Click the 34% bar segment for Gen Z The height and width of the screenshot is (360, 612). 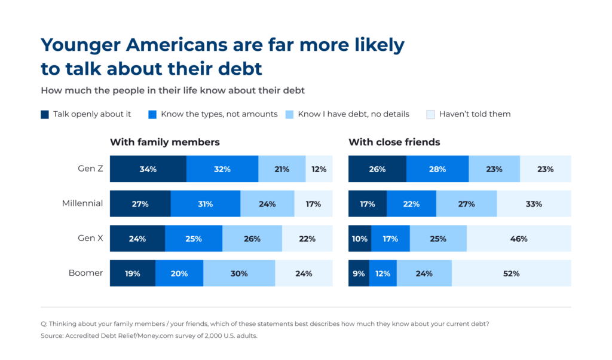click(148, 169)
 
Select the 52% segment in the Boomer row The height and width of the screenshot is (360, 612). click(512, 273)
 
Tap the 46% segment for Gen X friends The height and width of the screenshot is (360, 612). click(519, 239)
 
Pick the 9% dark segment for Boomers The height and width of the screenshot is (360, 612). click(359, 273)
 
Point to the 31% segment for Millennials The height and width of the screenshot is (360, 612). click(206, 204)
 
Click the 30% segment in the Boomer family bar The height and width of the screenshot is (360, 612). click(239, 273)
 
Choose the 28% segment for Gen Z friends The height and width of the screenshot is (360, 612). click(437, 169)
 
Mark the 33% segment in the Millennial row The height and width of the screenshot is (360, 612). click(534, 204)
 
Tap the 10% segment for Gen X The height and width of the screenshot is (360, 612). click(360, 239)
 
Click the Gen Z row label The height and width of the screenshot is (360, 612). click(90, 169)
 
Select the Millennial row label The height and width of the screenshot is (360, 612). click(82, 203)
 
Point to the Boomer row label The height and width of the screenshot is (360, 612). click(85, 273)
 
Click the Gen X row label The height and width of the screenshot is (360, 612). click(90, 238)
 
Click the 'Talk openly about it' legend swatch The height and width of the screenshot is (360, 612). click(45, 114)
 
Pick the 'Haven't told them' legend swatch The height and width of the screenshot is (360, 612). click(430, 114)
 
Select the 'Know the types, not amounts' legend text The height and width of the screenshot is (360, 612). click(219, 114)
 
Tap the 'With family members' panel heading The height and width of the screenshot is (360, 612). click(165, 142)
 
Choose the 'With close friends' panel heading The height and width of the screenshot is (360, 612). click(394, 142)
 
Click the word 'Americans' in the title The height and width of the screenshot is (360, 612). click(177, 45)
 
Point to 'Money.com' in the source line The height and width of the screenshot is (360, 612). click(155, 336)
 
